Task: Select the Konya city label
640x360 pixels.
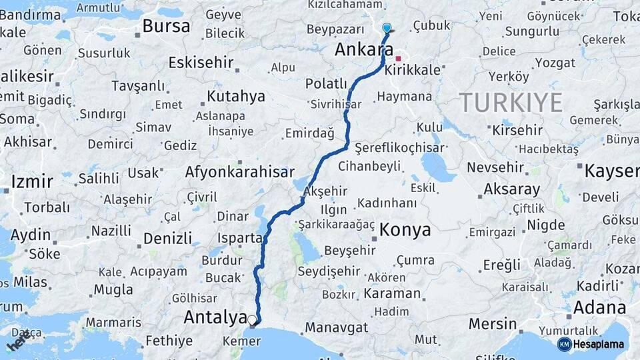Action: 405,231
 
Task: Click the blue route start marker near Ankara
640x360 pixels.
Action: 387,28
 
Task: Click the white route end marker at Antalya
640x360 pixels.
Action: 252,321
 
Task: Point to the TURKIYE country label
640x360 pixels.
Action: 510,103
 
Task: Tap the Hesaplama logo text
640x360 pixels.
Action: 599,345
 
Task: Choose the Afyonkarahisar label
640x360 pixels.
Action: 239,172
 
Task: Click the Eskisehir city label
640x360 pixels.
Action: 201,63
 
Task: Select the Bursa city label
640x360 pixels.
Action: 166,27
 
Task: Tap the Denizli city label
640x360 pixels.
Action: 167,239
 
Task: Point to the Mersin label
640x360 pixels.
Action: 493,323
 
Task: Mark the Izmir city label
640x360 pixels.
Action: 31,181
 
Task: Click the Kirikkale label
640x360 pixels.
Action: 422,70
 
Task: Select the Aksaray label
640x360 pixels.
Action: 511,189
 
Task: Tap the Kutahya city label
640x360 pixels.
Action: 236,97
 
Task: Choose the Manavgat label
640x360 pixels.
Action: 336,327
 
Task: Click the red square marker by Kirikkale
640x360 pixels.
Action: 399,58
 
